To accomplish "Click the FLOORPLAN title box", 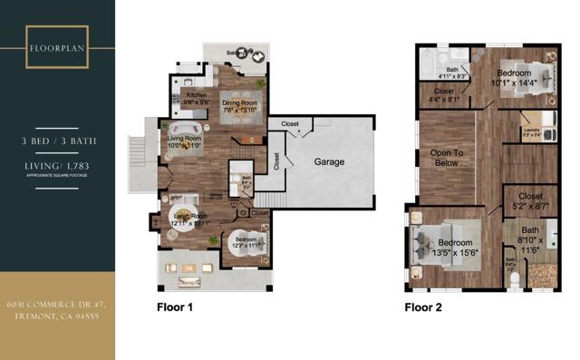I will pos(57,47).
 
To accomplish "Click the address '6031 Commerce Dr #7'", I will pos(57,306).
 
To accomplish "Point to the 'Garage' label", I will pos(330,161).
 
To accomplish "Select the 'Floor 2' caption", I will pos(422,307).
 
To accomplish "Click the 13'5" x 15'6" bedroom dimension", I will pos(455,253).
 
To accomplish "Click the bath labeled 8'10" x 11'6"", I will pos(530,238).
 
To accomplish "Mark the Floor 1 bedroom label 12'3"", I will pos(246,242).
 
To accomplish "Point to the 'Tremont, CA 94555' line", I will pos(57,318).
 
